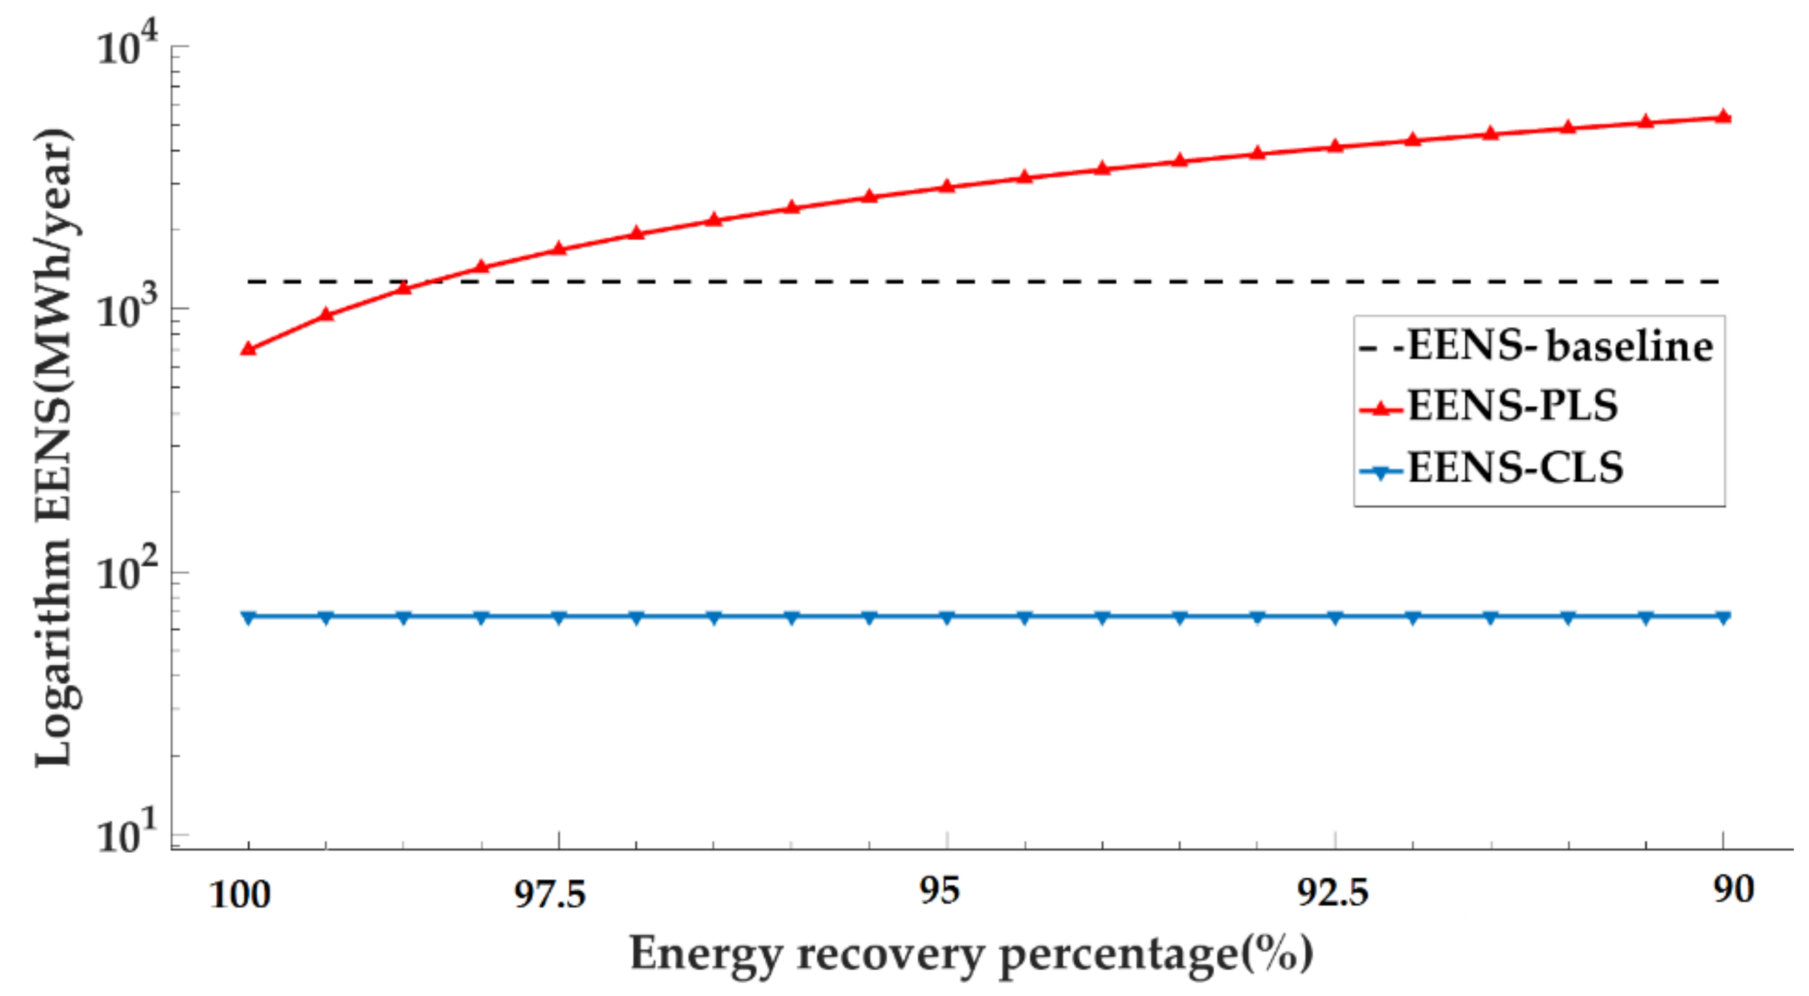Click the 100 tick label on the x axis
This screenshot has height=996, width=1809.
240,895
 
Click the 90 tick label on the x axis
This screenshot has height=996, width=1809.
1733,890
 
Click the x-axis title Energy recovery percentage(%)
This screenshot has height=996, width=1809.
971,954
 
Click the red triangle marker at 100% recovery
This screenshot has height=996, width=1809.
248,349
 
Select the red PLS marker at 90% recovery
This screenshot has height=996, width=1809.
1723,117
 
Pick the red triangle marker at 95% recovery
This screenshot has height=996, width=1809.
947,186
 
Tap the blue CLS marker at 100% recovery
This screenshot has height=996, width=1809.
248,617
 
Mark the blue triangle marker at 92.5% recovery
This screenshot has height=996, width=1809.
1335,617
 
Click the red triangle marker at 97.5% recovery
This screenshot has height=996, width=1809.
559,248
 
